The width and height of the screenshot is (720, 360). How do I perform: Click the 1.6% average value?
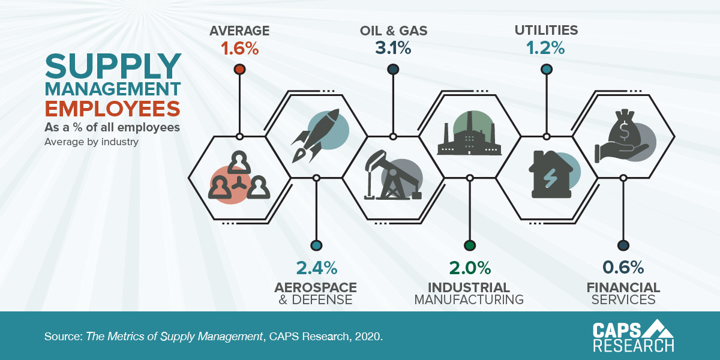[239, 48]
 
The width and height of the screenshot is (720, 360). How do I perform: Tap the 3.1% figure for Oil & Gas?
[393, 48]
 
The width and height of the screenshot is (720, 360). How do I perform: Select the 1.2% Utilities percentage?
[546, 48]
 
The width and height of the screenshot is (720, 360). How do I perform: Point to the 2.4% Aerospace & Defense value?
[316, 267]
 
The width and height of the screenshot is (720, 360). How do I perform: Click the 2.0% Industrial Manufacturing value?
[470, 267]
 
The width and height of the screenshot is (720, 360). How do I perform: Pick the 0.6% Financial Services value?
[623, 267]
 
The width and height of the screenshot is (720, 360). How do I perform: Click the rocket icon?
[316, 135]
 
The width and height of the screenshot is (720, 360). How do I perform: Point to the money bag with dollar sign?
[622, 135]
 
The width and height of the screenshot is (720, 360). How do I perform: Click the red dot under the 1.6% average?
[239, 70]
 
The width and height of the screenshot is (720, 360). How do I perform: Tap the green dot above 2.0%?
[470, 245]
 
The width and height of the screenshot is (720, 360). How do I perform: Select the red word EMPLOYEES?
[113, 109]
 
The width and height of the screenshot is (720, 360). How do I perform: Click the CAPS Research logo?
[633, 335]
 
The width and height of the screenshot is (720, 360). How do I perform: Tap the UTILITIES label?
[546, 29]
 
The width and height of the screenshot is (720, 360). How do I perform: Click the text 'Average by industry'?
[91, 142]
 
